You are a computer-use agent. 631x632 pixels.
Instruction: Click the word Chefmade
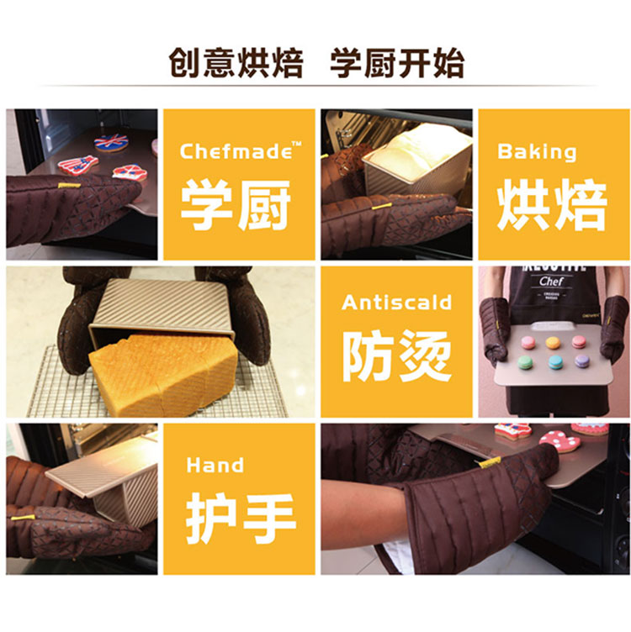(x=236, y=151)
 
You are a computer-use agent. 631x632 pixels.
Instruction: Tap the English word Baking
(x=537, y=152)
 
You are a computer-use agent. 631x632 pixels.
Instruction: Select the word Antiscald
(x=396, y=303)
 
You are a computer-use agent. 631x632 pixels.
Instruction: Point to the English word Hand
(x=215, y=465)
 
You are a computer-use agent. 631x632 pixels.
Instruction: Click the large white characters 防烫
(x=397, y=355)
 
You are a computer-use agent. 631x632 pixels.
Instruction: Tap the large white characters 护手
(x=241, y=518)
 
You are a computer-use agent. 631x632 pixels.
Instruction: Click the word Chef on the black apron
(x=551, y=281)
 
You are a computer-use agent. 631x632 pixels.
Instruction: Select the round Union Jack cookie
(x=111, y=142)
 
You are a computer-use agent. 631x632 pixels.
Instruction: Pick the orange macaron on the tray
(x=553, y=343)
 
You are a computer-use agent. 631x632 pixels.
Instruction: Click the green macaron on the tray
(x=525, y=362)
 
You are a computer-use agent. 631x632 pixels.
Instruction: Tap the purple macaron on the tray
(x=582, y=361)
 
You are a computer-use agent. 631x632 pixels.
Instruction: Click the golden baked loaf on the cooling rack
(x=163, y=374)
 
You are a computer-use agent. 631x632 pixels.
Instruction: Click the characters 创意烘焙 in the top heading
(x=236, y=63)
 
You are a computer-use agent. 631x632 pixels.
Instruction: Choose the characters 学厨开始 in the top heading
(x=397, y=63)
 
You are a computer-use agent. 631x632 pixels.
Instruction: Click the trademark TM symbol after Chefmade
(x=296, y=144)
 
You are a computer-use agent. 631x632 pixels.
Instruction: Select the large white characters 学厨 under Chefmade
(x=236, y=205)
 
